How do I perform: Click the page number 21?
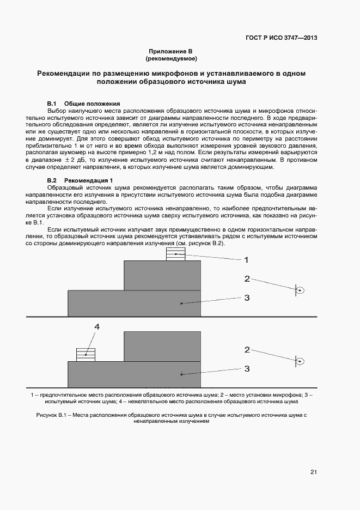pyautogui.click(x=313, y=472)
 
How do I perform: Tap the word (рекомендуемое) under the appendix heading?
pyautogui.click(x=171, y=58)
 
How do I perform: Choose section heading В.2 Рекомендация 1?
pyautogui.click(x=80, y=180)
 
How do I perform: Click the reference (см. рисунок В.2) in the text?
pyautogui.click(x=197, y=243)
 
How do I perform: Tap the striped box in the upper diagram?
pyautogui.click(x=175, y=254)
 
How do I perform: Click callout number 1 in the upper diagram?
pyautogui.click(x=246, y=260)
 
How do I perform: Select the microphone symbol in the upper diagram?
pyautogui.click(x=298, y=290)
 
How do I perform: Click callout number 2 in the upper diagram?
pyautogui.click(x=247, y=279)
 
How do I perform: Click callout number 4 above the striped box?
pyautogui.click(x=97, y=327)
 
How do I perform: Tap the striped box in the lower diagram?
pyautogui.click(x=86, y=355)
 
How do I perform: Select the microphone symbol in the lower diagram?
pyautogui.click(x=298, y=361)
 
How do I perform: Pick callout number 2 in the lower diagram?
pyautogui.click(x=247, y=350)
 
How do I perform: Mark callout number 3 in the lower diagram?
pyautogui.click(x=246, y=369)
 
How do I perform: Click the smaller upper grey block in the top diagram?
pyautogui.click(x=162, y=276)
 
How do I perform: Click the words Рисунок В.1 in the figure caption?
pyautogui.click(x=51, y=415)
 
